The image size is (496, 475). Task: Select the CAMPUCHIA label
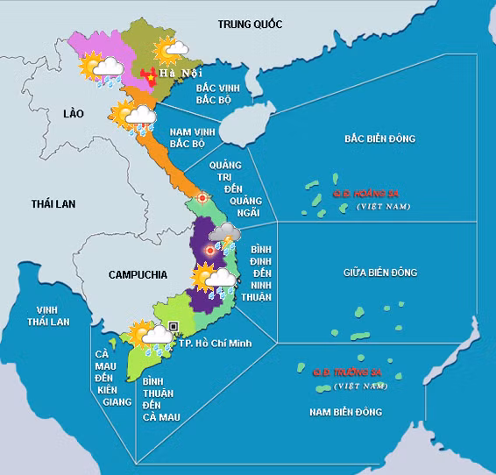coord(138,274)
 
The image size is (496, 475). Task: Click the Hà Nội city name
coord(180,73)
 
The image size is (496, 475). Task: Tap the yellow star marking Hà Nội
coord(150,75)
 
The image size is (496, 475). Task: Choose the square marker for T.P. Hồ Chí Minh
coord(174,326)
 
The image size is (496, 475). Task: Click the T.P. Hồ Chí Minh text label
coord(216,342)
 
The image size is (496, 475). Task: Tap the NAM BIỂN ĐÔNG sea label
coord(346,411)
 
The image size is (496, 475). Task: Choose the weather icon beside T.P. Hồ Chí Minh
coord(149,337)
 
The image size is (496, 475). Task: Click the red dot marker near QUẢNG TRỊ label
coord(203,198)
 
